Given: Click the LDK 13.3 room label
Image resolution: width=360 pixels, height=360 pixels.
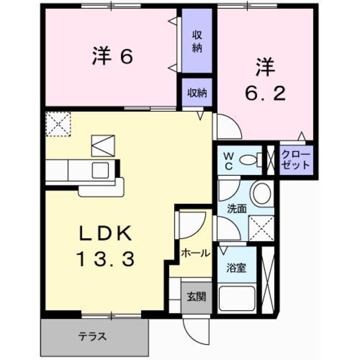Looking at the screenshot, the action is click(106, 246).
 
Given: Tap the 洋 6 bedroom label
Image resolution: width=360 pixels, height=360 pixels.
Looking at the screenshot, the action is click(112, 56).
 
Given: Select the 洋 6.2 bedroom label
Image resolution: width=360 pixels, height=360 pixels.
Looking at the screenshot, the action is click(266, 79).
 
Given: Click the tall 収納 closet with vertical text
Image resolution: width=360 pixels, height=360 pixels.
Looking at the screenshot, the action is click(197, 41).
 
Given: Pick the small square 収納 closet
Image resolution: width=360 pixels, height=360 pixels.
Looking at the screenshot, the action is click(197, 92).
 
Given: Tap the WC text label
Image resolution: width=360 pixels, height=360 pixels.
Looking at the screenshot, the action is click(229, 162).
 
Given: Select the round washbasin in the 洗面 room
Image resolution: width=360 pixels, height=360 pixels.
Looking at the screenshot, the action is click(262, 193).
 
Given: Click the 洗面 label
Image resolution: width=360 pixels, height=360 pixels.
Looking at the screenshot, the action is click(237, 209).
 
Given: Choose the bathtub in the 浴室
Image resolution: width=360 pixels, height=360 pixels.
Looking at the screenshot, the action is click(237, 298).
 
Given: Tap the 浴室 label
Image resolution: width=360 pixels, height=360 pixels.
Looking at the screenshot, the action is click(236, 268).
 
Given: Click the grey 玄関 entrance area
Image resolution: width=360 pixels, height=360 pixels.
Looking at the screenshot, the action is click(197, 297).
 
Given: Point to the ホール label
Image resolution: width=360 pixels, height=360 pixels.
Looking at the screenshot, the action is click(195, 253).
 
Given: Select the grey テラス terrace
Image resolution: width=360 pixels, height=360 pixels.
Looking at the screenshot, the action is click(94, 337).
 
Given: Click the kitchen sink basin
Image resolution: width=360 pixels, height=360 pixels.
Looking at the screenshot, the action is click(100, 170).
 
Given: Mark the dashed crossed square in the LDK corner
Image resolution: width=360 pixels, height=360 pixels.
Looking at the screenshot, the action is click(58, 124).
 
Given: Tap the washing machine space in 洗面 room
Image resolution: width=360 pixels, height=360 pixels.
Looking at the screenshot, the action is click(261, 228).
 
